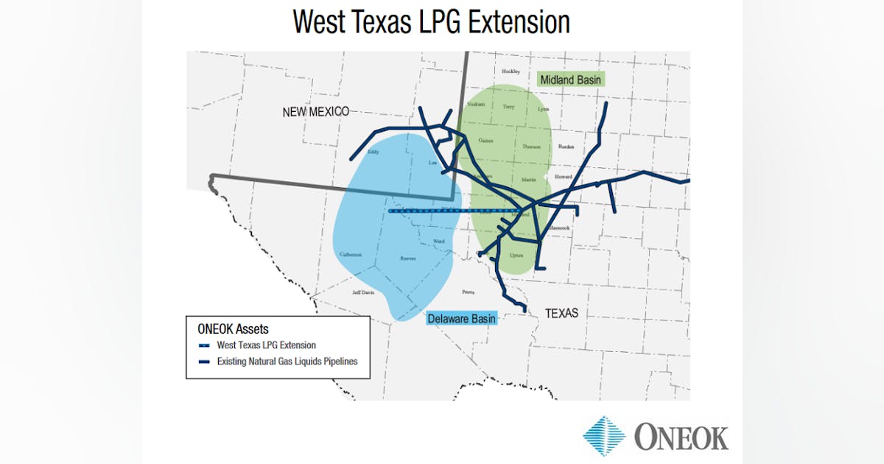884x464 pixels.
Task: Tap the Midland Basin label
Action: pyautogui.click(x=572, y=79)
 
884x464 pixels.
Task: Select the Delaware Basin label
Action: pyautogui.click(x=462, y=318)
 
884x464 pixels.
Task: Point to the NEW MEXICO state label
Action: pyautogui.click(x=315, y=112)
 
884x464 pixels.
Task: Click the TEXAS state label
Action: pyautogui.click(x=561, y=313)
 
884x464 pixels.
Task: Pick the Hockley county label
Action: pyautogui.click(x=511, y=71)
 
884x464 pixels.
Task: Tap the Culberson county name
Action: pyautogui.click(x=351, y=255)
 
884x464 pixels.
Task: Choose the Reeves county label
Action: pyautogui.click(x=408, y=259)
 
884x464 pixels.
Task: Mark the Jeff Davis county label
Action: pyautogui.click(x=363, y=292)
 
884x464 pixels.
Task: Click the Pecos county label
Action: pyautogui.click(x=467, y=292)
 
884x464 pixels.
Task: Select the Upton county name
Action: pyautogui.click(x=516, y=255)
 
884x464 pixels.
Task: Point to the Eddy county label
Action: pyautogui.click(x=373, y=152)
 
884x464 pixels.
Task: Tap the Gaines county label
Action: pyautogui.click(x=485, y=140)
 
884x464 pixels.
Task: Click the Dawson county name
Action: pyautogui.click(x=531, y=147)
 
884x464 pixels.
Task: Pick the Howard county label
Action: pyautogui.click(x=563, y=177)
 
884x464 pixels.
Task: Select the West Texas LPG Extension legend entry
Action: pyautogui.click(x=266, y=345)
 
